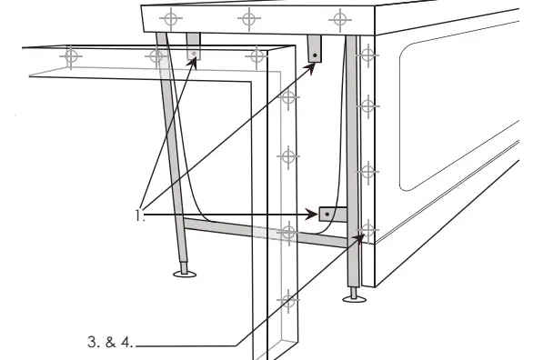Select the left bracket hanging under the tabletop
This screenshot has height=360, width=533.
194,48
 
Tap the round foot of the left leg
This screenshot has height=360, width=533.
185,273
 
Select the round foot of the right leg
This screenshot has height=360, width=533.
355,296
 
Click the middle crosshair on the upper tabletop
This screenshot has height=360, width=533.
246,18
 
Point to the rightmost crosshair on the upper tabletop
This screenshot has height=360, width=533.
339,17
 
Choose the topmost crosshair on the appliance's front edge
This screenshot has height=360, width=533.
367,54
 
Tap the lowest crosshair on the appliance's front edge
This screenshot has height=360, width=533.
367,228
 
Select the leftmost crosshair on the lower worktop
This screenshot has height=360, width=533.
71,57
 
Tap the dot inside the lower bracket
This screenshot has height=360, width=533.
324,215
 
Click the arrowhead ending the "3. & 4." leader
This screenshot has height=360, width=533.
364,236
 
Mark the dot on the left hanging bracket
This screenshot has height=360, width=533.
193,54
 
